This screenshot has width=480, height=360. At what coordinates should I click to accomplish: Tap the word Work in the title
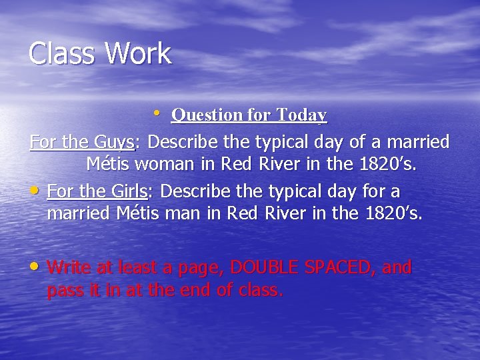tap(137, 54)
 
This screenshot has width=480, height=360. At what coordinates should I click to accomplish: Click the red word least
tap(141, 267)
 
